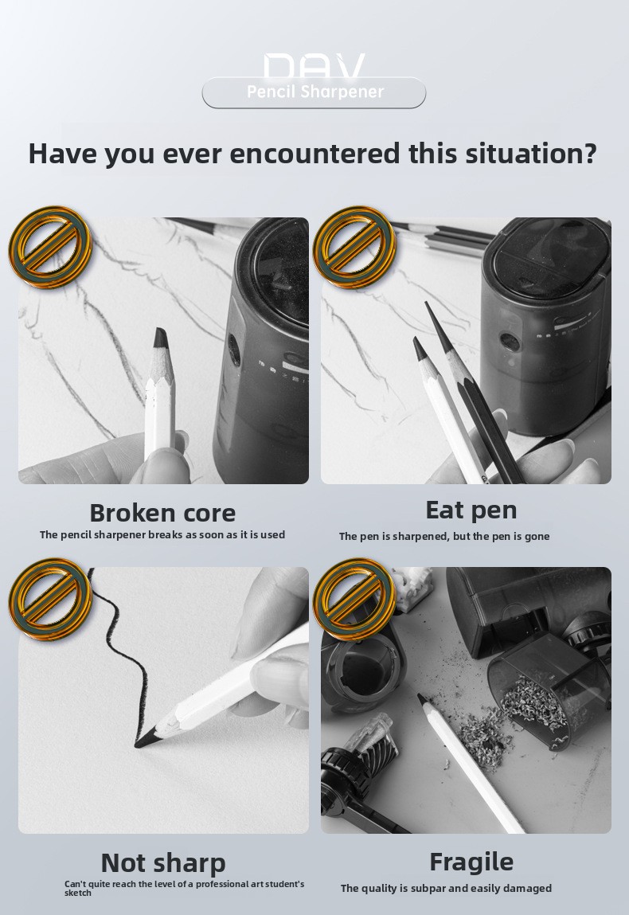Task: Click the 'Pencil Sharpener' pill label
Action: point(314,92)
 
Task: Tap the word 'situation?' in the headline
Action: point(531,154)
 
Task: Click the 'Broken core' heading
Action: point(162,513)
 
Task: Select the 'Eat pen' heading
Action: point(471,510)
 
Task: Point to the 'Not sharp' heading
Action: point(163,862)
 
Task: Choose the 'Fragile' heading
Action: point(471,862)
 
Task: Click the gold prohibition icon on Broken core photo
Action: point(50,247)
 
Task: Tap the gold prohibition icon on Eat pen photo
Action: point(354,247)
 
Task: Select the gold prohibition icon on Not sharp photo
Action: point(50,600)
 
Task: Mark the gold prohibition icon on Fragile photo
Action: point(354,600)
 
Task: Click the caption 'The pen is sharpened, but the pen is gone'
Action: point(444,536)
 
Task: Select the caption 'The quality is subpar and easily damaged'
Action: point(446,888)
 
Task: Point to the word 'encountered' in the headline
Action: point(315,154)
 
